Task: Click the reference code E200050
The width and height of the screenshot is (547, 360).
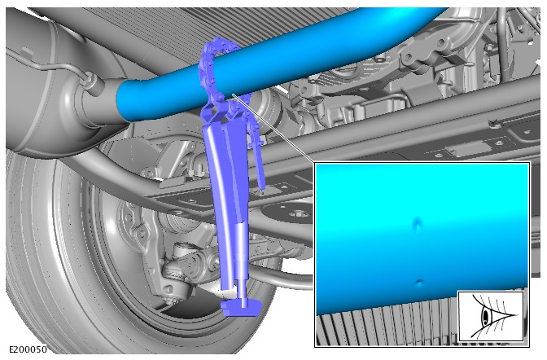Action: (x=28, y=349)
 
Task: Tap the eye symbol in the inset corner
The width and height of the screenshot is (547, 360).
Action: (x=491, y=316)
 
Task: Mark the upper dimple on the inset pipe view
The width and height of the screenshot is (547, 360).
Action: (x=418, y=223)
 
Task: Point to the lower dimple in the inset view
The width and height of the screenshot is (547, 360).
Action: (x=420, y=283)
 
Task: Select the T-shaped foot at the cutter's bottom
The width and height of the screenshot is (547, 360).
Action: (x=242, y=308)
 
